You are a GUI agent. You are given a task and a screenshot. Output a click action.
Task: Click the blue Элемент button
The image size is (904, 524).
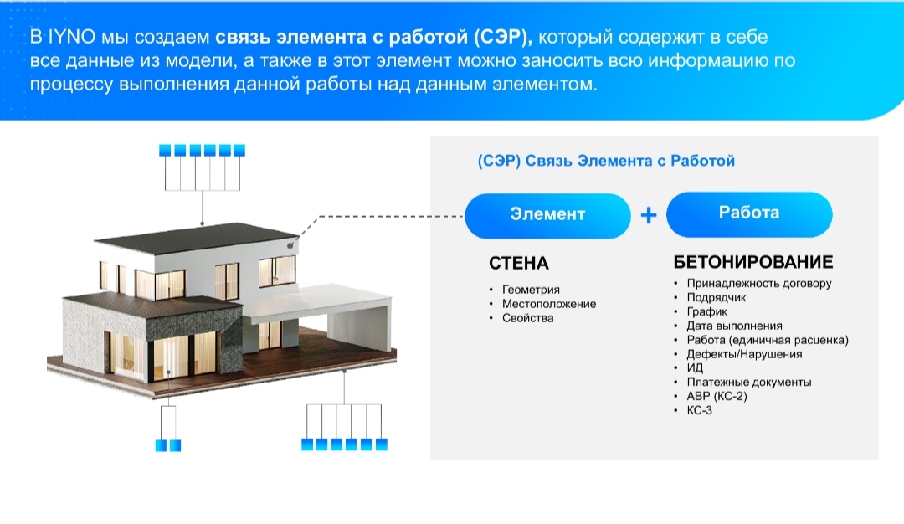547,216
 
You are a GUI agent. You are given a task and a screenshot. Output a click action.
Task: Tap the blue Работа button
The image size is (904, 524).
749,214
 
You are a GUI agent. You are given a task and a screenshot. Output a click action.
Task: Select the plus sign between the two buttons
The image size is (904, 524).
649,215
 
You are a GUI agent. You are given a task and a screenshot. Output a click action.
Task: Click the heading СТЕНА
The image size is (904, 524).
518,264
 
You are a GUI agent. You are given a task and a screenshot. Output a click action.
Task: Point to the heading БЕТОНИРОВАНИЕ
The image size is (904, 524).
753,262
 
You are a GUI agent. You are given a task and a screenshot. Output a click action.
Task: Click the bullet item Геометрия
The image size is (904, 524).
531,290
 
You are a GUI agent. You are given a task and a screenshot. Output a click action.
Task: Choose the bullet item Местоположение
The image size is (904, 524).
549,304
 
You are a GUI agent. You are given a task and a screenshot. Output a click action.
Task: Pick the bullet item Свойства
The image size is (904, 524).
527,318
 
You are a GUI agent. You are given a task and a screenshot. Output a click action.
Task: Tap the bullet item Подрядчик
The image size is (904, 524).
716,297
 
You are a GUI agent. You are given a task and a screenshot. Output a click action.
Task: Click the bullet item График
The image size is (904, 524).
706,312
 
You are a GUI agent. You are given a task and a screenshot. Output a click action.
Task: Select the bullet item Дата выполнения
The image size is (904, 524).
734,326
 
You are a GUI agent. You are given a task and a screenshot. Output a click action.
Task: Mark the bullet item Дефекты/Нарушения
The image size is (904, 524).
744,354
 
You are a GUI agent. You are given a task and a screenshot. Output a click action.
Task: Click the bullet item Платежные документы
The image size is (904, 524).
748,383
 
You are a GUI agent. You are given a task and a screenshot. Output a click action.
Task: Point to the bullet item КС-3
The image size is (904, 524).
699,410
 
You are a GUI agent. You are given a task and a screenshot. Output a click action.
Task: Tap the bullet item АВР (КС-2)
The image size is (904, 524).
717,397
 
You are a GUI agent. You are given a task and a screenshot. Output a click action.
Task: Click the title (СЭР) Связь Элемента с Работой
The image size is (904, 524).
606,161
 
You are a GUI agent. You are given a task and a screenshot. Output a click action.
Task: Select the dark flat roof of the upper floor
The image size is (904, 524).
196,237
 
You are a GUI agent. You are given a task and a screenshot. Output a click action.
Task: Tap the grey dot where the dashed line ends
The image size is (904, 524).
290,245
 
